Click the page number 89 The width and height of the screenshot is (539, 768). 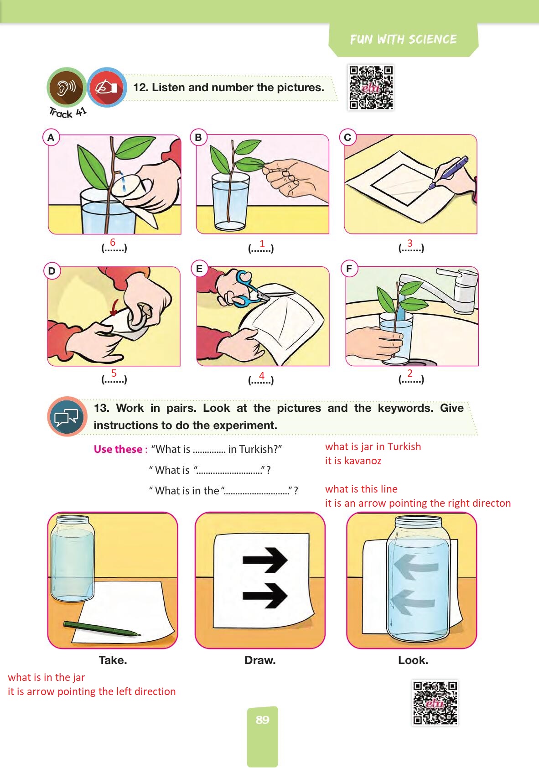262,720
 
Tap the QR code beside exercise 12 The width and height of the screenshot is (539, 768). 371,88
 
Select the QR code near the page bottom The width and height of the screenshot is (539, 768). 435,702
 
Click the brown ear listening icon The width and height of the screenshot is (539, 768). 67,88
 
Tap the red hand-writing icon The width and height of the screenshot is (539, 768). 107,88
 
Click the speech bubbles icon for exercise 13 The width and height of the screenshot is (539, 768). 67,416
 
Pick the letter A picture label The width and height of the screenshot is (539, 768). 51,137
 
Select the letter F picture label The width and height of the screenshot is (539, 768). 349,269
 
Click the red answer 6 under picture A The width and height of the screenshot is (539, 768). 113,243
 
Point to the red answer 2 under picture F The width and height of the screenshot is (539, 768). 410,373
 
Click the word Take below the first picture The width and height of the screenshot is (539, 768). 113,660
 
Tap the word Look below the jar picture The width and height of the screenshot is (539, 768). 413,660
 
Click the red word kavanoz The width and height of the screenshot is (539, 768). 363,461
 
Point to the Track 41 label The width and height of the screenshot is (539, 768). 67,113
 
